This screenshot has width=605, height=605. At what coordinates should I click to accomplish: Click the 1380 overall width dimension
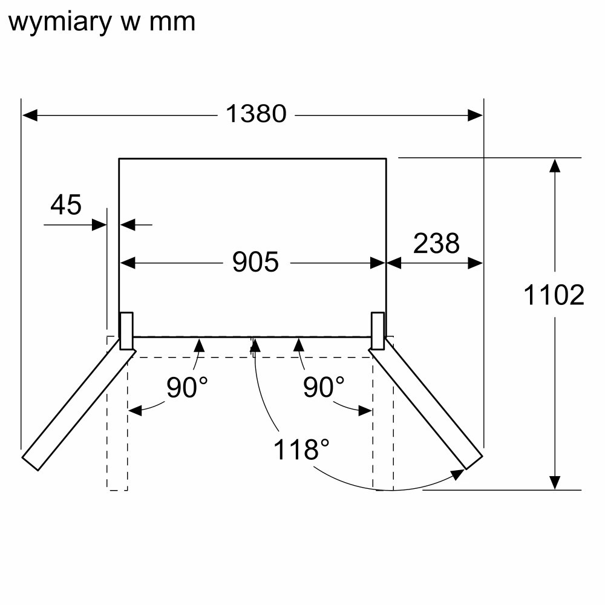(256, 114)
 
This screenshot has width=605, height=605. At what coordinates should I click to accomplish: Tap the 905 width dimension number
(255, 262)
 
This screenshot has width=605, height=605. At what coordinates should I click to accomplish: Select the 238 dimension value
(436, 243)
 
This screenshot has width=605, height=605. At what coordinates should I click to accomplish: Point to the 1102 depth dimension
(554, 295)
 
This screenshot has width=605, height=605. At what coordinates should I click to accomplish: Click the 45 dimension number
(65, 205)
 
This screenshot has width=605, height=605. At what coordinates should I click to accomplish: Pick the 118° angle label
(301, 450)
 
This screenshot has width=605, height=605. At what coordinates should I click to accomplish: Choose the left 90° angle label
(187, 388)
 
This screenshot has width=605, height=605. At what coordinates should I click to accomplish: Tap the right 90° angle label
(323, 388)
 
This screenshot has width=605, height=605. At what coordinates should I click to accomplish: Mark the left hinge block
(126, 330)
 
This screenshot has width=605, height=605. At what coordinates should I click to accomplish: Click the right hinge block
(378, 330)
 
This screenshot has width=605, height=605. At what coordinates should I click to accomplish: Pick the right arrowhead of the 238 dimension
(476, 263)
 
